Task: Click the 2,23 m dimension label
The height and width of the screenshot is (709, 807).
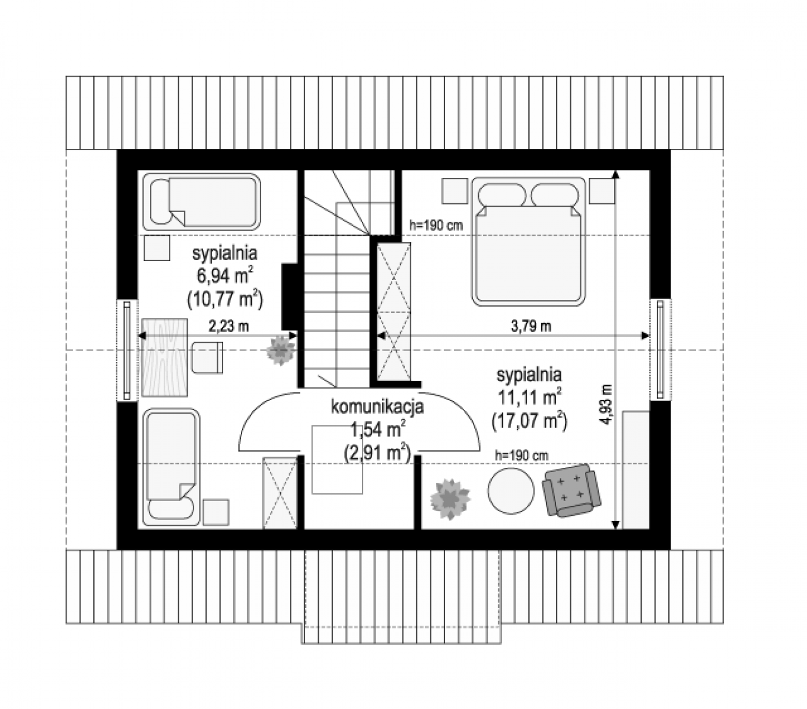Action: pyautogui.click(x=228, y=326)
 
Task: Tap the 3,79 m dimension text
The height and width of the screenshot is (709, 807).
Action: pyautogui.click(x=531, y=326)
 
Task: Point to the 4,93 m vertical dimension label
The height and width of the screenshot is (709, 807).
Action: pyautogui.click(x=607, y=404)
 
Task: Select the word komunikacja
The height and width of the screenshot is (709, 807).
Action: pyautogui.click(x=377, y=407)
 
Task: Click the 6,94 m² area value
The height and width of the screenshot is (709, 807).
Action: pyautogui.click(x=225, y=275)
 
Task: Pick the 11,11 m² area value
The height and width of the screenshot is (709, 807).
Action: pyautogui.click(x=529, y=397)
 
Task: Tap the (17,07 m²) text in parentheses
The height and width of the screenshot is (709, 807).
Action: pyautogui.click(x=529, y=421)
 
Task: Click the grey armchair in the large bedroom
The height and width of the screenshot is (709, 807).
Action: pyautogui.click(x=571, y=490)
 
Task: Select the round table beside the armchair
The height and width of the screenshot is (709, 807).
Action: pyautogui.click(x=511, y=491)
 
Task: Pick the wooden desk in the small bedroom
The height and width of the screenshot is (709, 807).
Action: pyautogui.click(x=164, y=357)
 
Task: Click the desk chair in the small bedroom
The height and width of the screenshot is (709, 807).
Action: pyautogui.click(x=207, y=357)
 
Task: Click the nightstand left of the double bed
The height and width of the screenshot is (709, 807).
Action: pyautogui.click(x=455, y=191)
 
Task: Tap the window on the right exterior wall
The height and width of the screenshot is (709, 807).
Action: pyautogui.click(x=661, y=349)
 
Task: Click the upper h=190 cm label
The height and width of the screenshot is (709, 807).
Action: pyautogui.click(x=436, y=226)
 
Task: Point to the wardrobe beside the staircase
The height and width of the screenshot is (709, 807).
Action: pyautogui.click(x=394, y=311)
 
